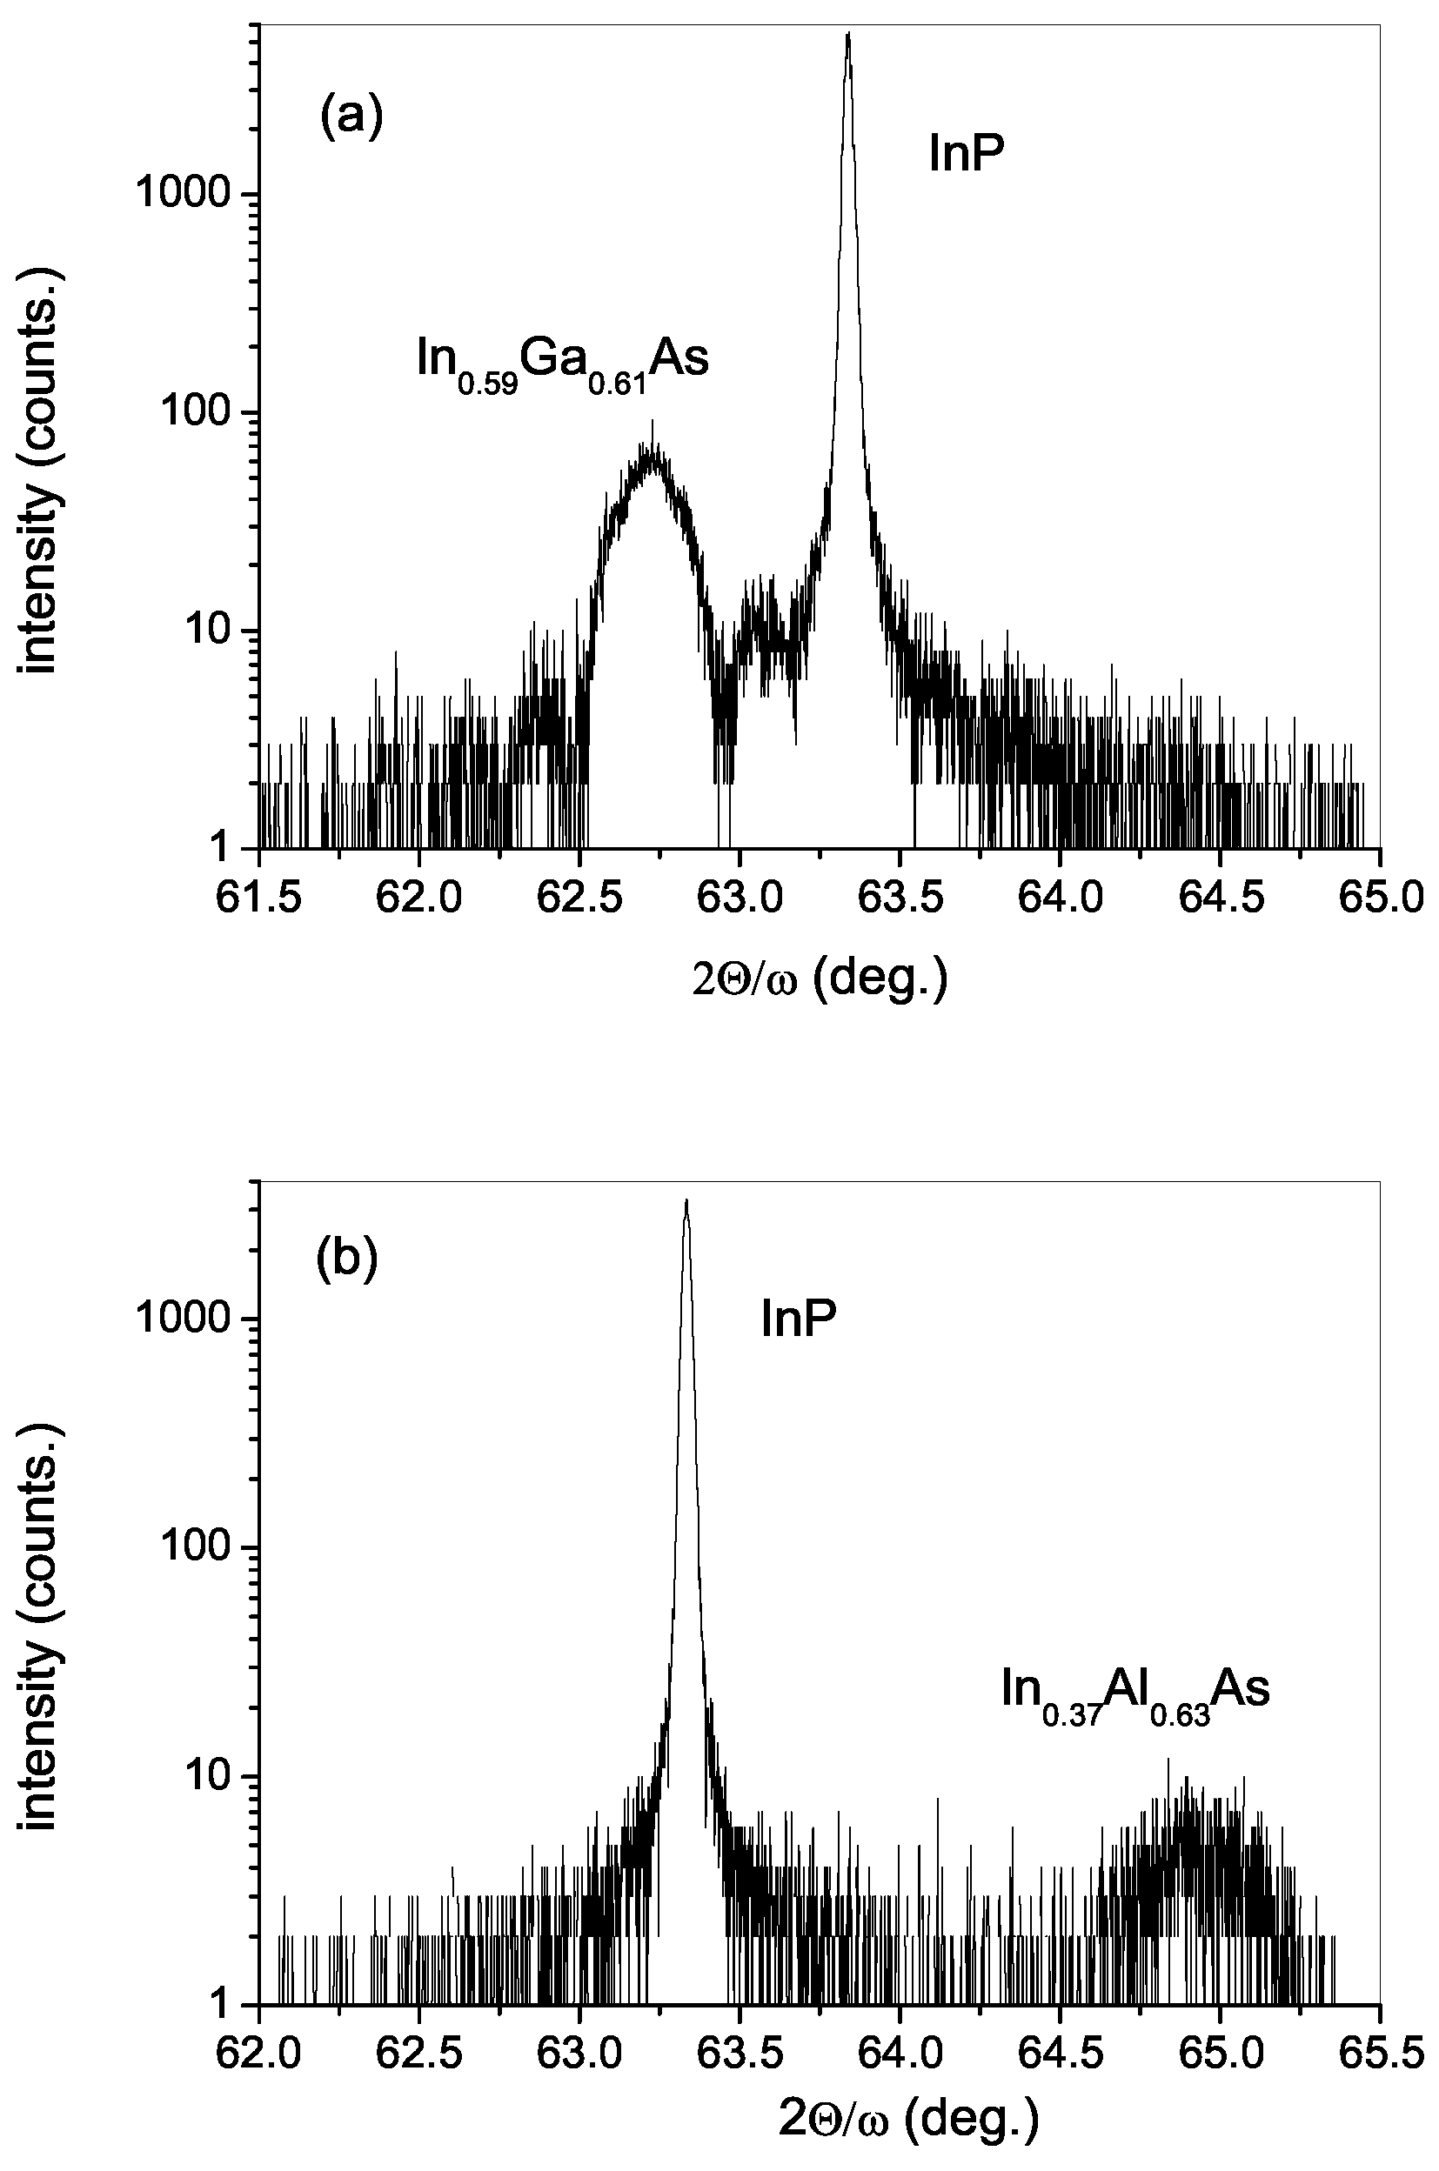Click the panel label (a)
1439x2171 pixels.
point(350,118)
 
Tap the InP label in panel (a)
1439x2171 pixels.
point(967,154)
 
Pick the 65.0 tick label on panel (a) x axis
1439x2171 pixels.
point(1379,897)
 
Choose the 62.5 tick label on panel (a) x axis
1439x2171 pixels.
point(579,897)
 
